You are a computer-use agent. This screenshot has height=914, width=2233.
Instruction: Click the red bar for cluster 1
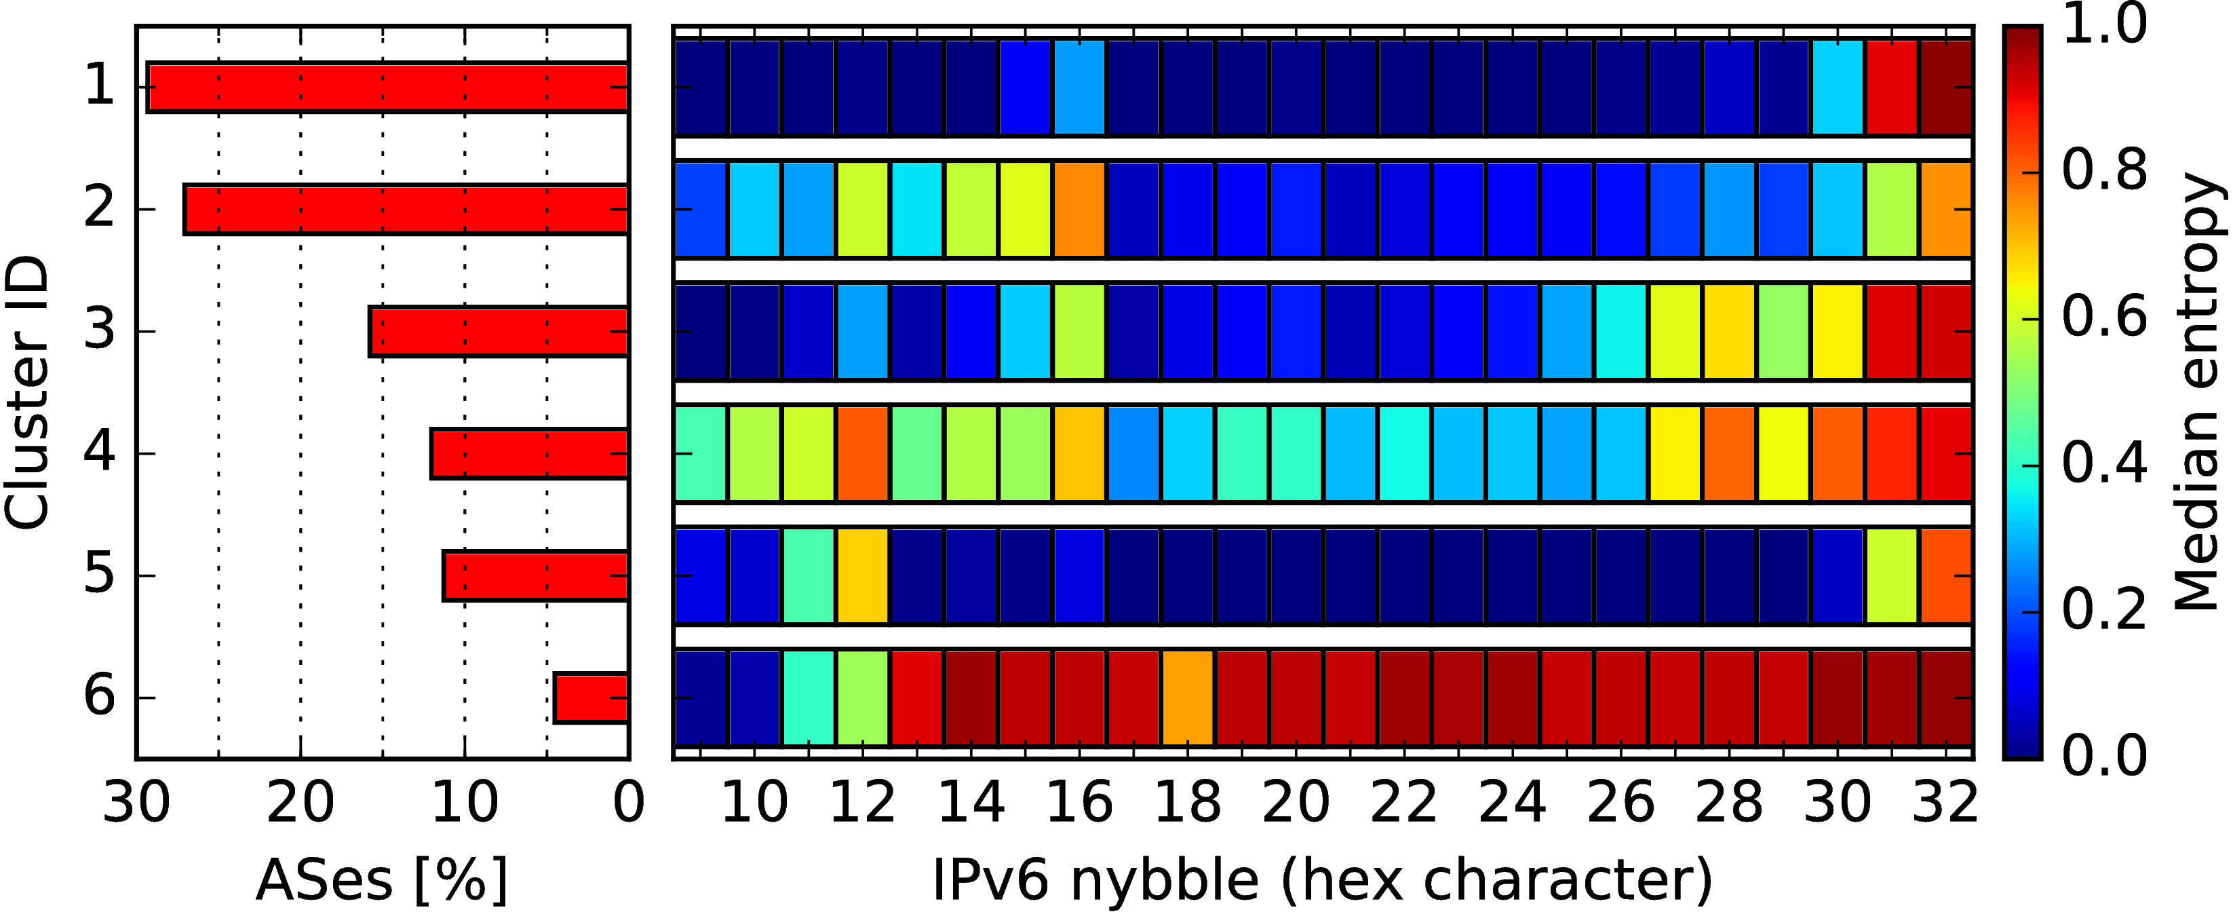click(387, 87)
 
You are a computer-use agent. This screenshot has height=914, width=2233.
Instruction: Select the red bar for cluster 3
click(499, 331)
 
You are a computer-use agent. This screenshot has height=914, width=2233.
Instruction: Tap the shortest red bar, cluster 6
click(591, 698)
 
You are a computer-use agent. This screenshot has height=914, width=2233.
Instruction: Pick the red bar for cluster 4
click(530, 453)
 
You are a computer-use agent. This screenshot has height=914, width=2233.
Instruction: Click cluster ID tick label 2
click(99, 209)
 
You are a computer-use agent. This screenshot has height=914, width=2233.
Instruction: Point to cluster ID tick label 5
click(99, 575)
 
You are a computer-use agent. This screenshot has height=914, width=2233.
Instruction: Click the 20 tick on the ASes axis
click(300, 802)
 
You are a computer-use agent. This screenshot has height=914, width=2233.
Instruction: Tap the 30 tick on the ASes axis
click(136, 802)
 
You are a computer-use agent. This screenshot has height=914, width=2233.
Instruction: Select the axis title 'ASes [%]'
click(381, 879)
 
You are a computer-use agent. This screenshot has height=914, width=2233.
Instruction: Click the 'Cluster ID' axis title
click(26, 392)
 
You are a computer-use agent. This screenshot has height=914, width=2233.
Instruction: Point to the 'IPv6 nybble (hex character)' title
click(1323, 879)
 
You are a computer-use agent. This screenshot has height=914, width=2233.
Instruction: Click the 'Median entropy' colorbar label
click(2198, 392)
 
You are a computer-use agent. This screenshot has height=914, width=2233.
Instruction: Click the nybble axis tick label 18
click(1188, 802)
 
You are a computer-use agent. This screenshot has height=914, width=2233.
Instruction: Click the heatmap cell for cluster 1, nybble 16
click(1079, 87)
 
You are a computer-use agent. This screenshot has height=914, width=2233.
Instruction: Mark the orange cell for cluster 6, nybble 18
click(1188, 698)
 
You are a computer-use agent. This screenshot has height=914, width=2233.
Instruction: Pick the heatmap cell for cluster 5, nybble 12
click(863, 575)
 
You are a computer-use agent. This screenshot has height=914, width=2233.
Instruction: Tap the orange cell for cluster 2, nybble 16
click(1079, 209)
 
